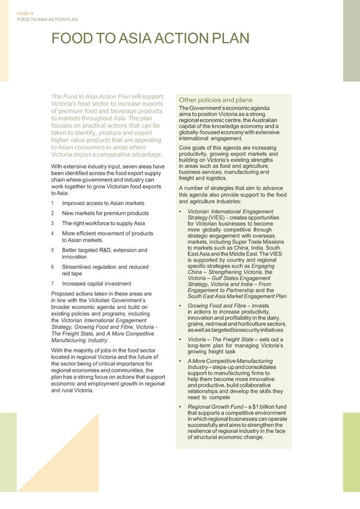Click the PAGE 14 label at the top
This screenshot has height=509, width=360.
(25, 13)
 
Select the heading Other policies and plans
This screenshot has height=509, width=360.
(215, 100)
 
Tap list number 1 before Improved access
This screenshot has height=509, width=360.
(52, 203)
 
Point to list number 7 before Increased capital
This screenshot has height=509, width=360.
(52, 284)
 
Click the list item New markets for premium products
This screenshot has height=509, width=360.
(105, 213)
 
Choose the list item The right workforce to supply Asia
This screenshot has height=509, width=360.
(103, 223)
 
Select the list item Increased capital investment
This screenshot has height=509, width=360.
(97, 284)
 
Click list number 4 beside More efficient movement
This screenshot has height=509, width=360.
(52, 233)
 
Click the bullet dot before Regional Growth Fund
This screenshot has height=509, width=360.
(181, 407)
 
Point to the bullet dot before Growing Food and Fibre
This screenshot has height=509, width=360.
(181, 306)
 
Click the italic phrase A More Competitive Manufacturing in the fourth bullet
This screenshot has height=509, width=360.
(230, 361)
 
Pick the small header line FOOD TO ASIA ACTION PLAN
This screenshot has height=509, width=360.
(47, 19)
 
